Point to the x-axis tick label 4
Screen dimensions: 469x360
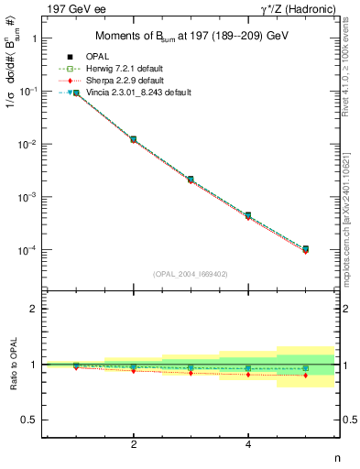coord(248,444)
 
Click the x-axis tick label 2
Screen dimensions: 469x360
coord(134,444)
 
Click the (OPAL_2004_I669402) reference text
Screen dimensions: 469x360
coord(191,273)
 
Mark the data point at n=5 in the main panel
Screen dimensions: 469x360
coord(306,249)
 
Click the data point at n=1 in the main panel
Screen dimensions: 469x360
coord(76,93)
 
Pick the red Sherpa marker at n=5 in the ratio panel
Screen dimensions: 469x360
coord(306,376)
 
